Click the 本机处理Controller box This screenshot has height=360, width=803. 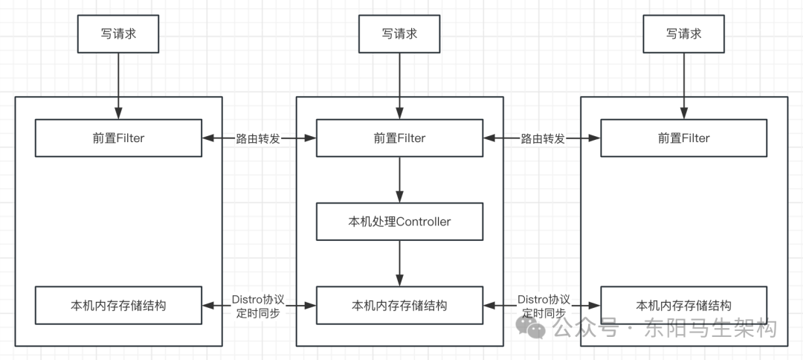pos(399,222)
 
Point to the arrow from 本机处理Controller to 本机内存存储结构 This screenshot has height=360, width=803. pos(399,263)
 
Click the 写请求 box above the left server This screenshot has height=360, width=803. pos(118,34)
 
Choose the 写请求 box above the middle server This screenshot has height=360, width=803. pos(399,34)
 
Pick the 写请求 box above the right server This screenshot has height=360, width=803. pos(683,34)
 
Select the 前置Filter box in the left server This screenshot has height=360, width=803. pos(118,138)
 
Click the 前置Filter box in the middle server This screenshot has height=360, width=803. pos(399,138)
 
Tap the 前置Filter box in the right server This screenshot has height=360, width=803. pos(683,138)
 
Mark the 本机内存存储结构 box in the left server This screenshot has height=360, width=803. pos(118,306)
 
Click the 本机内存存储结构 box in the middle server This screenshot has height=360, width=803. pos(399,306)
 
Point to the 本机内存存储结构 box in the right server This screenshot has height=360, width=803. pos(683,306)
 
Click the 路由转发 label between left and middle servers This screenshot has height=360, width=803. pos(258,138)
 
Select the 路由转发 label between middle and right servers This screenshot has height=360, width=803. pos(542,138)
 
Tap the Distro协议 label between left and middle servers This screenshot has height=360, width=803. pos(258,299)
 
